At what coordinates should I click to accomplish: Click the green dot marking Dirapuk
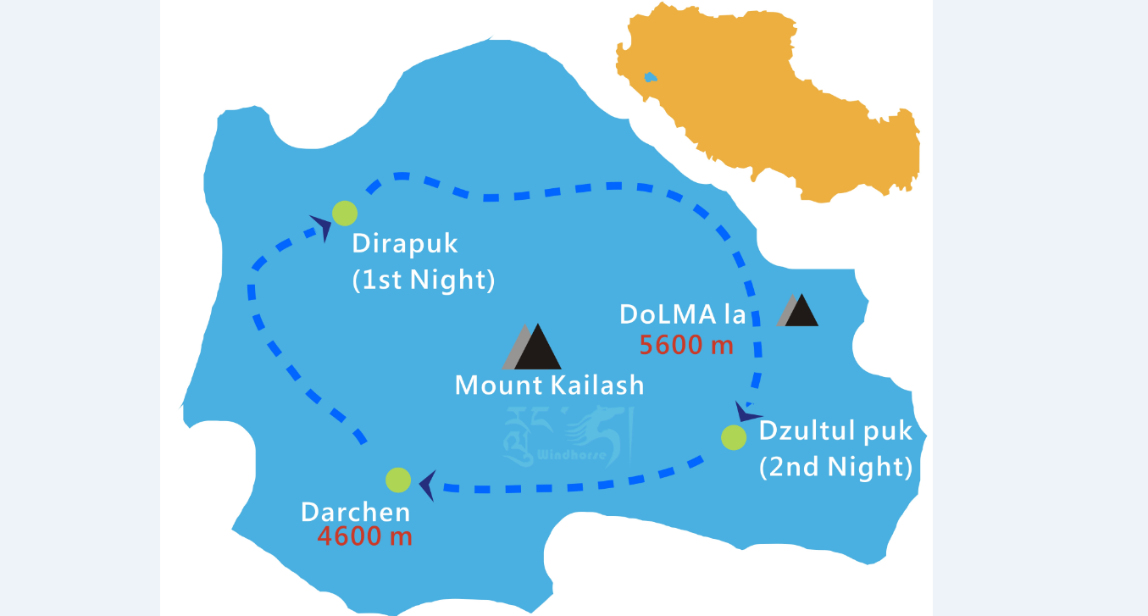point(344,213)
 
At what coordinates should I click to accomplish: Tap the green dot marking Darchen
point(398,480)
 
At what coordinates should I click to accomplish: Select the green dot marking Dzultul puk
point(734,437)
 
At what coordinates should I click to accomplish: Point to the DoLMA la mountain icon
point(798,310)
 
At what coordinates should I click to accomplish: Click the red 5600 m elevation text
point(685,345)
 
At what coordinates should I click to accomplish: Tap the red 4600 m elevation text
point(365,536)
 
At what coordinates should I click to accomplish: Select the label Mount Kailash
point(549,386)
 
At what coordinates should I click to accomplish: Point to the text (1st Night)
point(424,280)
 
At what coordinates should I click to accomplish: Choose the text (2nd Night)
point(835,466)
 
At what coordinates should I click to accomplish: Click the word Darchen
point(356,512)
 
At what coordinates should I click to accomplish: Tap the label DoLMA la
point(683,314)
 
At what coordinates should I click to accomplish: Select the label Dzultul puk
point(835,430)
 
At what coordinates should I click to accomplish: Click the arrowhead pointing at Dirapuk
point(321,226)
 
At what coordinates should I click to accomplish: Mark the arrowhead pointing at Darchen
point(427,486)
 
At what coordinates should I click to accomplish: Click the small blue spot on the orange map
point(650,77)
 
